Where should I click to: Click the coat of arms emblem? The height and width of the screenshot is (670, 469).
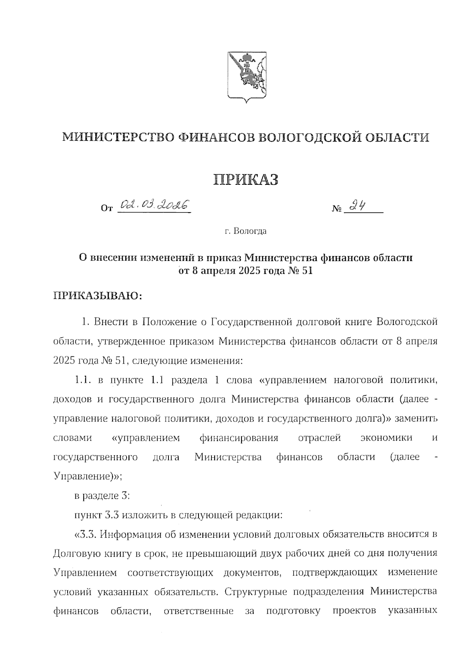tap(247, 76)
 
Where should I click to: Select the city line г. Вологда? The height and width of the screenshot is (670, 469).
tap(246, 231)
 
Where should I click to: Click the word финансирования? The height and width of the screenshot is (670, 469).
tap(239, 438)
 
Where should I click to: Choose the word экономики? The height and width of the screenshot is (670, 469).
tap(386, 438)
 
